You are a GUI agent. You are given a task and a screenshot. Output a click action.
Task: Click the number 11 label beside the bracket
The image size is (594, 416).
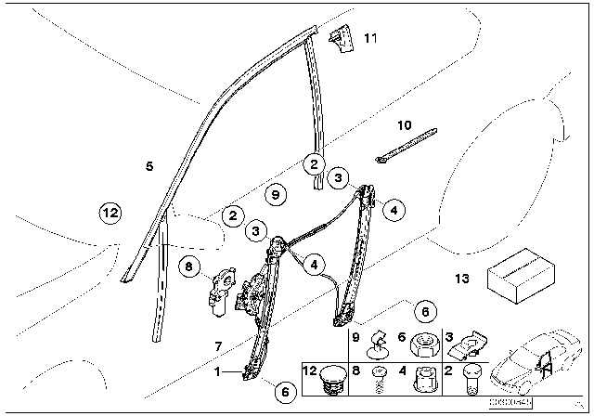[371, 39]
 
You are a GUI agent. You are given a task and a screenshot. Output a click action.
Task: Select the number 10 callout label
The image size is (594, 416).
[404, 124]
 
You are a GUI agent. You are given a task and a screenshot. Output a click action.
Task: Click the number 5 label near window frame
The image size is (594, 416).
[149, 166]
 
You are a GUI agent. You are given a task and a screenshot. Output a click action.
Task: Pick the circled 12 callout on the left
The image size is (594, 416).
[110, 213]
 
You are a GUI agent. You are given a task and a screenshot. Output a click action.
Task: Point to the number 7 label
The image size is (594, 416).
[217, 346]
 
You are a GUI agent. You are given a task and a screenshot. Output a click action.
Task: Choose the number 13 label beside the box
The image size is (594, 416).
[462, 279]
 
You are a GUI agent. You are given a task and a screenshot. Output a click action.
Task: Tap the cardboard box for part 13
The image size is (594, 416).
[524, 276]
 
